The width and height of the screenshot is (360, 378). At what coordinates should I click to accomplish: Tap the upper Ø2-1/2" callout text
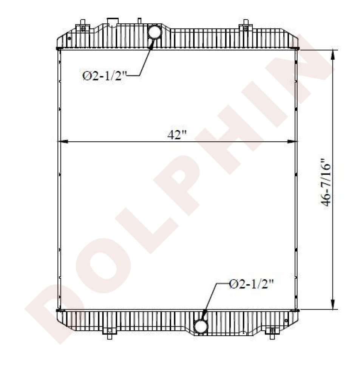[x=104, y=76]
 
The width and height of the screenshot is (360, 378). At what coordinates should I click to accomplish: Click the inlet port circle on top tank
[x=154, y=32]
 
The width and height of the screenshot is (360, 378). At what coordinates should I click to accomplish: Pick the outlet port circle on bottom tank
[x=201, y=325]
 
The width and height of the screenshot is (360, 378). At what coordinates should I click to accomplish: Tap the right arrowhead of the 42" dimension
[x=293, y=142]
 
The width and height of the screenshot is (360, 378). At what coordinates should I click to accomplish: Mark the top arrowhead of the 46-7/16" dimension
[x=333, y=55]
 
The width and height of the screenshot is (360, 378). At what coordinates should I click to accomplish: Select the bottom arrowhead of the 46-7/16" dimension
[x=333, y=304]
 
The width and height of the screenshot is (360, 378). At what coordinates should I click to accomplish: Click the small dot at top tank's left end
[x=69, y=38]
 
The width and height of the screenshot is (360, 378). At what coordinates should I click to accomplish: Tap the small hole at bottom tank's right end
[x=286, y=321]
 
